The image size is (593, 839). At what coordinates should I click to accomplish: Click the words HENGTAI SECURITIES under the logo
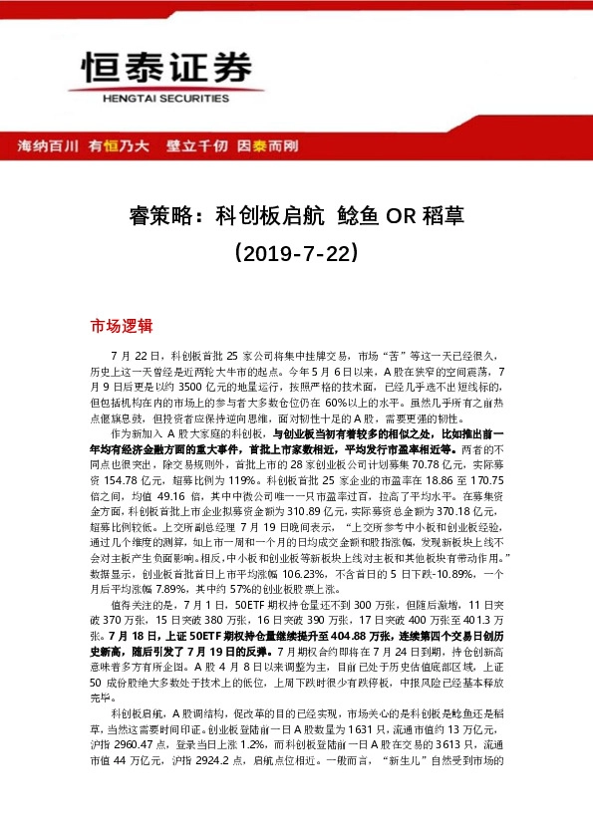point(164,100)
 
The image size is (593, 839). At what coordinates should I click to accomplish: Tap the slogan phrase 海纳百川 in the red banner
point(48,146)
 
